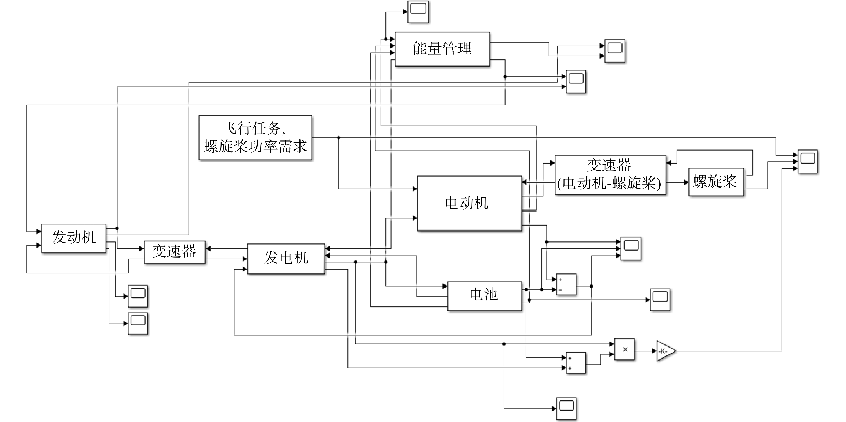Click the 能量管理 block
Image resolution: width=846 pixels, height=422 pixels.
(442, 49)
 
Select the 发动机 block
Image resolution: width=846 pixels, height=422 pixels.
(74, 238)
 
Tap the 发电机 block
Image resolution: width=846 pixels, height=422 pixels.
(286, 259)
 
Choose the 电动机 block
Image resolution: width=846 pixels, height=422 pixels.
(469, 203)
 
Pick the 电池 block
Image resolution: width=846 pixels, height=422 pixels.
(485, 296)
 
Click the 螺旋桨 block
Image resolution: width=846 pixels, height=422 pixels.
(716, 182)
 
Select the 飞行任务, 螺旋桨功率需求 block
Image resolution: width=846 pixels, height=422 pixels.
(255, 138)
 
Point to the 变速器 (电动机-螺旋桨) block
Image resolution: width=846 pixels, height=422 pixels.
(610, 175)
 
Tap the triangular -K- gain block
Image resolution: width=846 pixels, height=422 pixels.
(665, 351)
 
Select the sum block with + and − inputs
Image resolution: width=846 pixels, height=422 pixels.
(566, 284)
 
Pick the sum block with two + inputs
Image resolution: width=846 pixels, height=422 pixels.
(576, 363)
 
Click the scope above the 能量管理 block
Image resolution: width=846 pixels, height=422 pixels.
(418, 12)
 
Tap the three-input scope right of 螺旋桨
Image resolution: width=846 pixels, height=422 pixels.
(808, 162)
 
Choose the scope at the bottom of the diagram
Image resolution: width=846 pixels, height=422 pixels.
(566, 409)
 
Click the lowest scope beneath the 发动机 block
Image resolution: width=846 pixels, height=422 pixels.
(138, 324)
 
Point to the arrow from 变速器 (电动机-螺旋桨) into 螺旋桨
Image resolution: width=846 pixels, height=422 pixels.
(677, 182)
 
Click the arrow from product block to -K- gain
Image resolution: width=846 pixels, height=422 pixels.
(645, 351)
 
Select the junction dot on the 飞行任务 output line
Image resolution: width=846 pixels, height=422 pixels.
(339, 138)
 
